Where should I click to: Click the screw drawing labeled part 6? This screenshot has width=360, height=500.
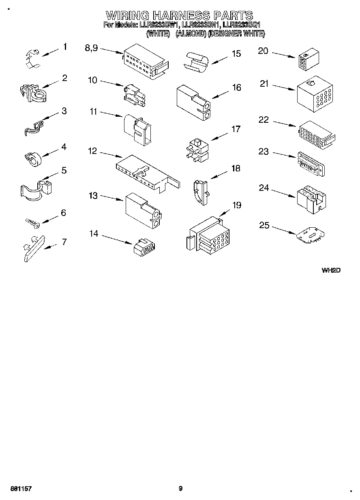[32, 222]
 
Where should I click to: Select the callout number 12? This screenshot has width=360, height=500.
[92, 151]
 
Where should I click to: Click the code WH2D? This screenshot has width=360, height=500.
[330, 270]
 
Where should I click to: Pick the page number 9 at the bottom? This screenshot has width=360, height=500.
[180, 489]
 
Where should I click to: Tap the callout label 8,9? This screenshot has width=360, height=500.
[91, 48]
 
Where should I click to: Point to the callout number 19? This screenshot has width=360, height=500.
[236, 205]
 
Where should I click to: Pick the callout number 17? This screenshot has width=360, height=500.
[236, 129]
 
